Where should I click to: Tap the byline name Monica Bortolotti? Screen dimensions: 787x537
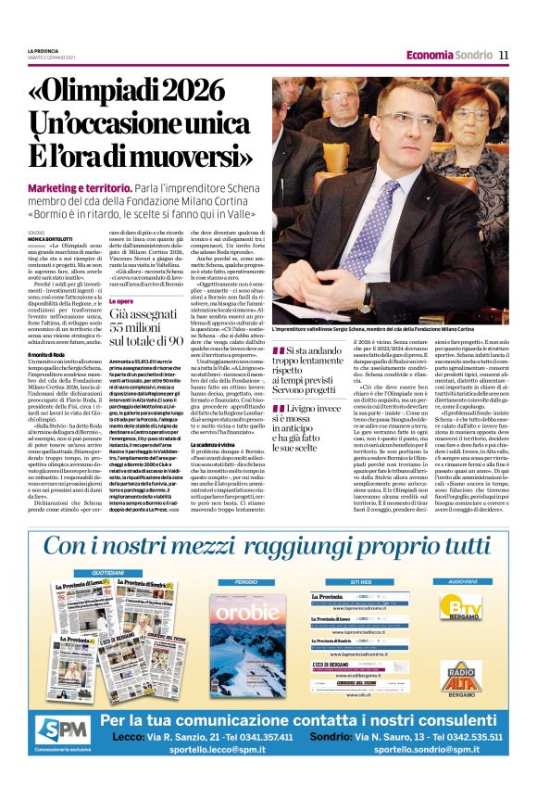(54, 240)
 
